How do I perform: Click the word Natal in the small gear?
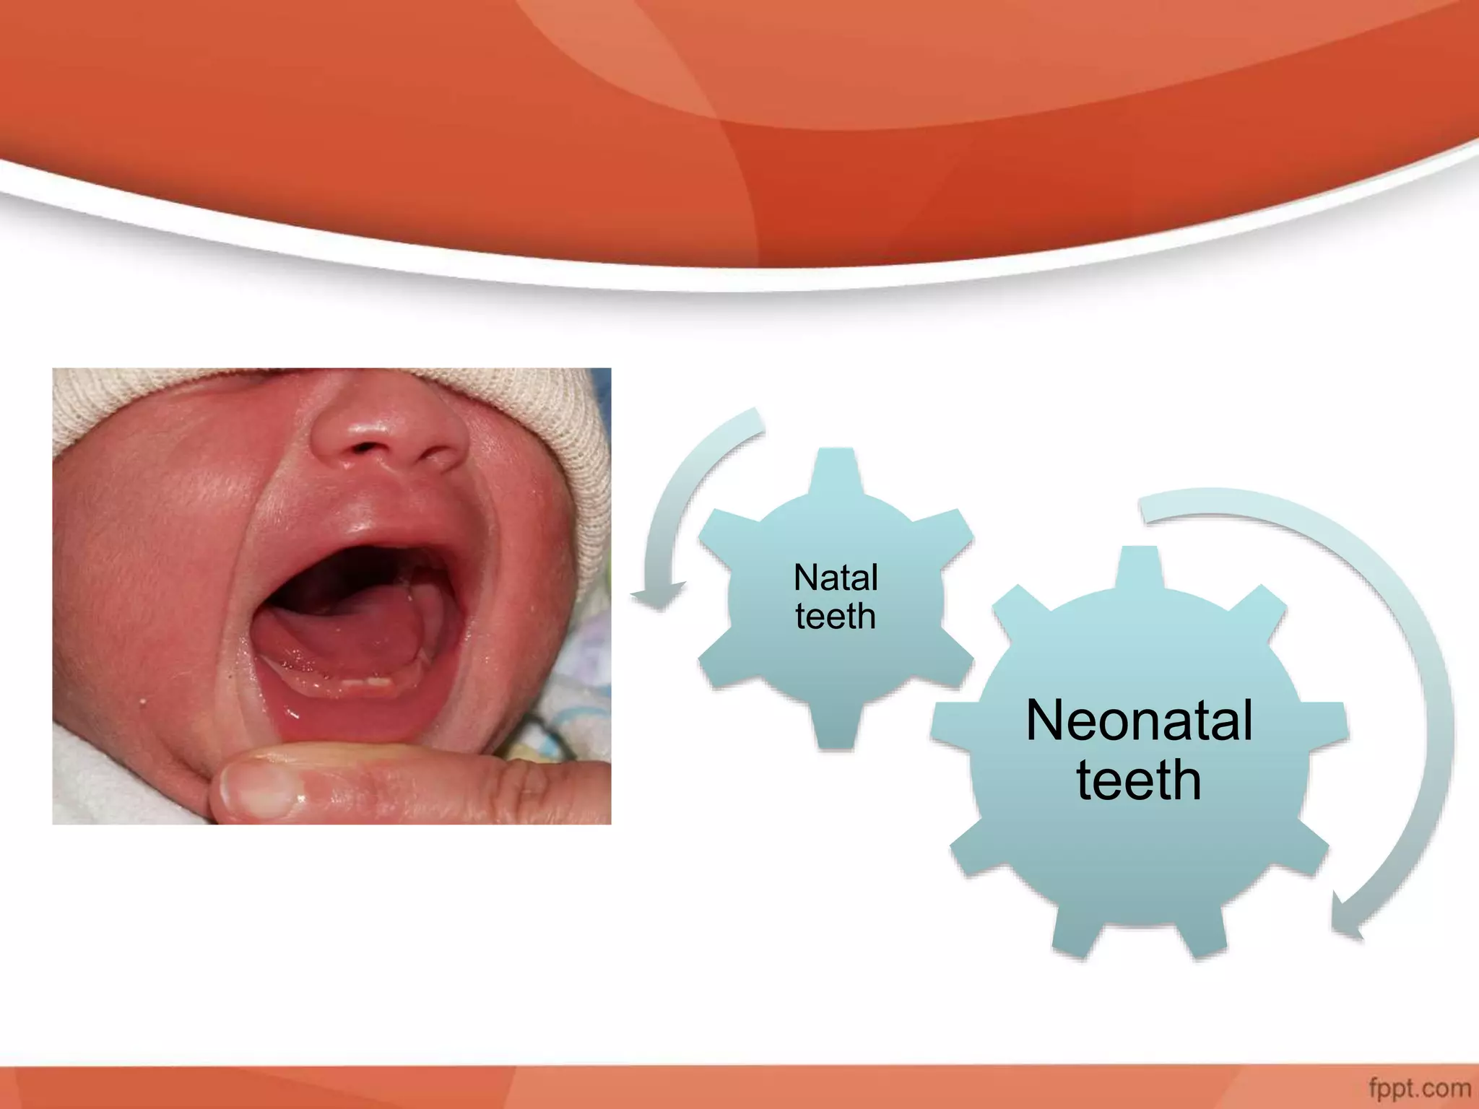click(x=836, y=578)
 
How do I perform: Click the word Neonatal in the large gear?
click(x=1139, y=721)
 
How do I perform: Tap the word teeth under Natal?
click(x=836, y=617)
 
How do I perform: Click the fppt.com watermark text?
click(x=1419, y=1087)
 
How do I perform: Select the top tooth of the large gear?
click(x=1139, y=567)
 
